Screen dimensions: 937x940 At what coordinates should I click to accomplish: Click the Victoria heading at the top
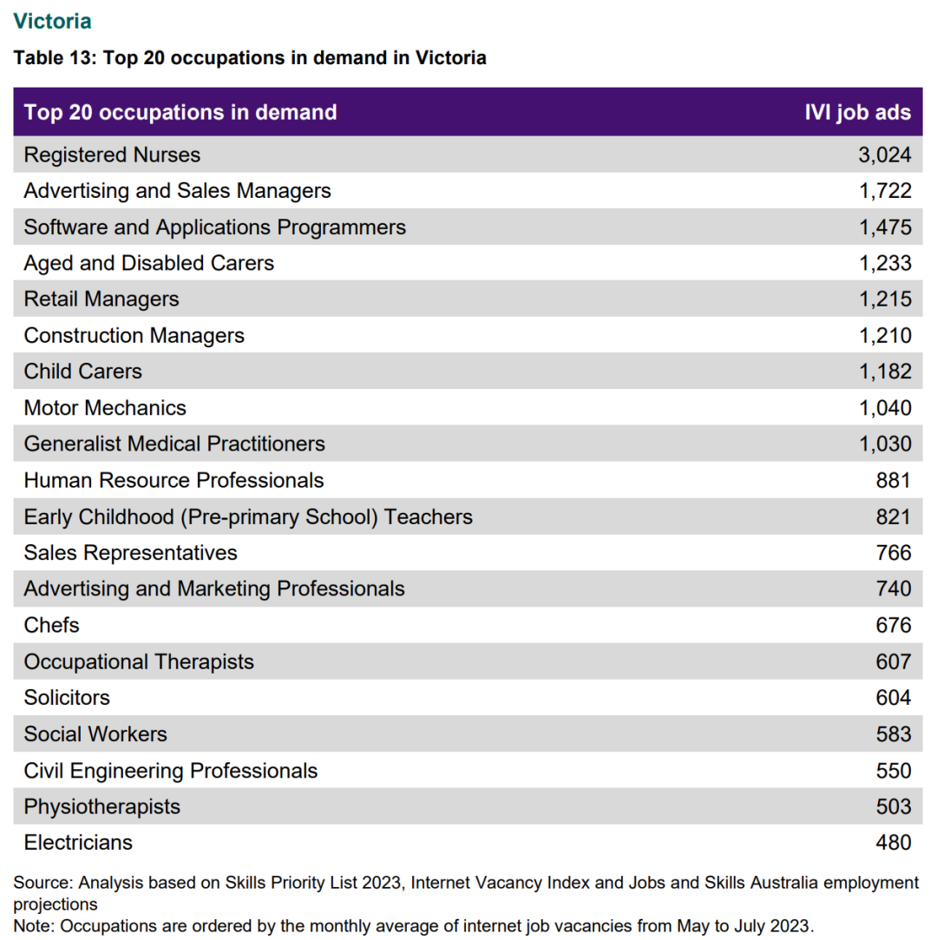[52, 21]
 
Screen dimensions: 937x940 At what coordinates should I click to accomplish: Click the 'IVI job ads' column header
[857, 112]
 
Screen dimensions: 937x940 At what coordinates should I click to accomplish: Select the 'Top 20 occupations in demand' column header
[180, 112]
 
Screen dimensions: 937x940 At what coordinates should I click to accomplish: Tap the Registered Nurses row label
[112, 154]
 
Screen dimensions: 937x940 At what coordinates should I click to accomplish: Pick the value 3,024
[885, 154]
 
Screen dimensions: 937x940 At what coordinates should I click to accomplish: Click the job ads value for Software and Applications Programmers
[886, 227]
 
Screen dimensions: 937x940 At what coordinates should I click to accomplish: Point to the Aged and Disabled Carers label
[148, 263]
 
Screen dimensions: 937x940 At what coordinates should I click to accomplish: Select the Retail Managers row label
[102, 299]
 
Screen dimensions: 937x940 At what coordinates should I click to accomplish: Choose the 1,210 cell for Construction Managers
[886, 336]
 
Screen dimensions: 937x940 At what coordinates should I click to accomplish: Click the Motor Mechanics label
[105, 408]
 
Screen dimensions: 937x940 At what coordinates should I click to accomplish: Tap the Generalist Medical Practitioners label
[174, 444]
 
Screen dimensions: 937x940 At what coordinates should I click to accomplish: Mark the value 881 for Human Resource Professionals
[894, 480]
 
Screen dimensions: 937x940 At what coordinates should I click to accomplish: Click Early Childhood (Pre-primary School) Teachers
[248, 516]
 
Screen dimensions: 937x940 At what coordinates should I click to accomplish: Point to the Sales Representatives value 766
[894, 553]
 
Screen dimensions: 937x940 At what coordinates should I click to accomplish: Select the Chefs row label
[51, 625]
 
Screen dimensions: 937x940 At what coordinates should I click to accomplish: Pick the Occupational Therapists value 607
[894, 662]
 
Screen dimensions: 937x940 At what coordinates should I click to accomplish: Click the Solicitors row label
[67, 698]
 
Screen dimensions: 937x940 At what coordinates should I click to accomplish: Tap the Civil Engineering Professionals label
[171, 771]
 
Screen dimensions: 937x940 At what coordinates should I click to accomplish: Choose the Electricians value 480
[894, 843]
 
